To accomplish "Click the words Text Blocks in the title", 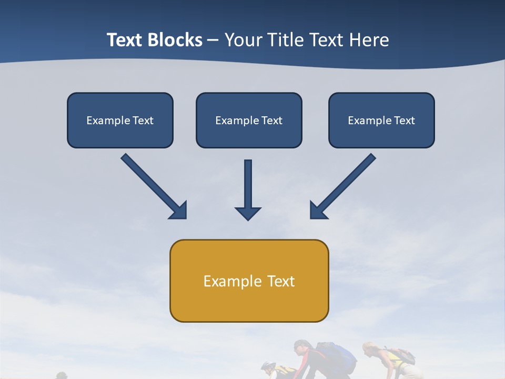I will tap(154, 40).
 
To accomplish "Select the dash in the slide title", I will tap(213, 41).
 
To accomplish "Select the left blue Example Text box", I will tap(120, 120).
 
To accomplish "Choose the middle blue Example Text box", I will tap(249, 120).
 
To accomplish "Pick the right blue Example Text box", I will tap(381, 120).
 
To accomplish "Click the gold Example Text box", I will tap(249, 281).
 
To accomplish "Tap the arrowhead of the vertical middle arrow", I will tap(248, 213).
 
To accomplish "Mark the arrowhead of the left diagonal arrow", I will tap(179, 211).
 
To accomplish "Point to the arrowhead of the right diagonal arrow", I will tap(318, 211).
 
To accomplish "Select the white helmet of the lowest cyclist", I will tap(268, 366).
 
